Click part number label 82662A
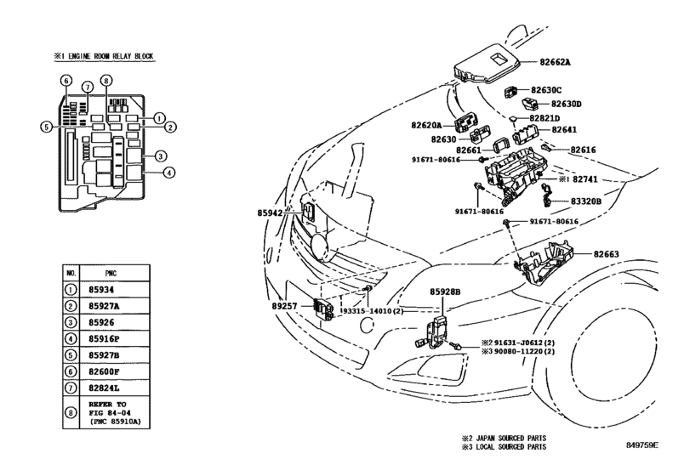[555, 62]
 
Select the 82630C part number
[546, 90]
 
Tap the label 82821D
[545, 118]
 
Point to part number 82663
[606, 254]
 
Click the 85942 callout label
[270, 212]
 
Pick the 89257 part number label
[284, 306]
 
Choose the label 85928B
[445, 292]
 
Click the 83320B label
[585, 201]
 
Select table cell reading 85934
[101, 290]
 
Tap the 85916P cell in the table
[104, 339]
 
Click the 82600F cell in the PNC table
[104, 371]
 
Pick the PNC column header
[111, 274]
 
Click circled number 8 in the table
[71, 413]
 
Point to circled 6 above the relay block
[66, 81]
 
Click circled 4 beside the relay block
[169, 173]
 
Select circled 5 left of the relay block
[46, 127]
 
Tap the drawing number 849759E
[642, 445]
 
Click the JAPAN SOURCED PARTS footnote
[504, 439]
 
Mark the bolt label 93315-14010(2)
[373, 311]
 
